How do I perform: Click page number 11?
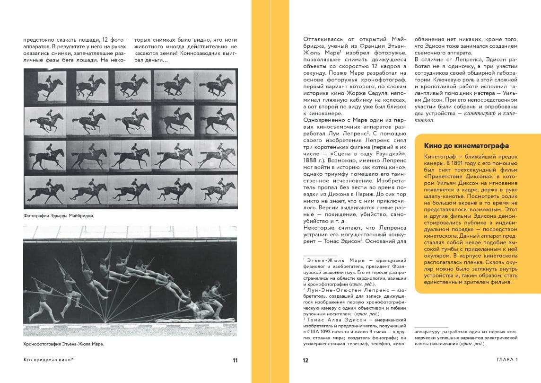pos(235,360)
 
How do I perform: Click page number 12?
pos(305,360)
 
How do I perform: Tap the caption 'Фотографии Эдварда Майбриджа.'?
pos(59,216)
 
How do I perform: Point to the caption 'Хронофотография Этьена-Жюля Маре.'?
pos(63,344)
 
